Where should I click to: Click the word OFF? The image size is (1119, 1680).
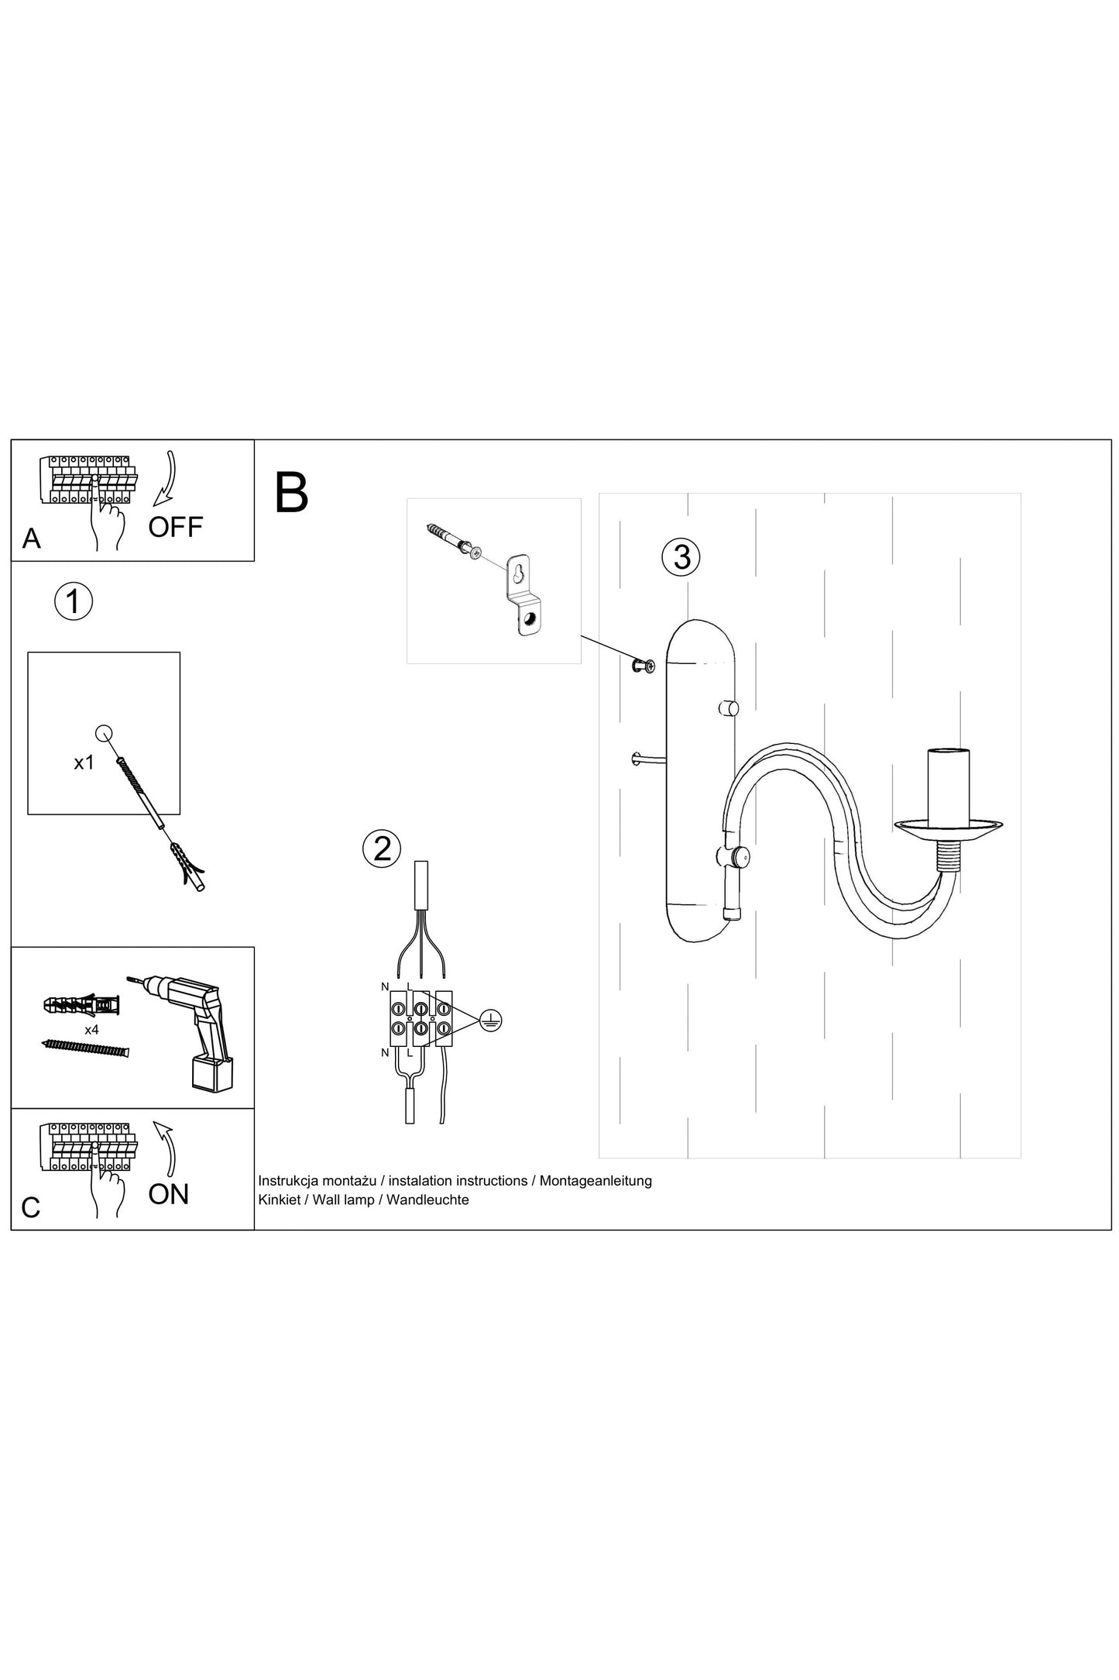click(175, 527)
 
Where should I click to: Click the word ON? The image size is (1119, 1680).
click(168, 1194)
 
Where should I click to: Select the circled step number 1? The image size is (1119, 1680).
click(74, 601)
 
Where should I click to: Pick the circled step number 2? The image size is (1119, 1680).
click(382, 849)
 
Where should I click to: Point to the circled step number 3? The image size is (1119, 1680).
click(681, 556)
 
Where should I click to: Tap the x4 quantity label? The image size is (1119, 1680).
click(91, 1030)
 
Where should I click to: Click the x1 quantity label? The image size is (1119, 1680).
click(84, 763)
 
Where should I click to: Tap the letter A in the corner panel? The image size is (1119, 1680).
click(31, 538)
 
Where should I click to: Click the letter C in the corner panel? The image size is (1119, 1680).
click(30, 1207)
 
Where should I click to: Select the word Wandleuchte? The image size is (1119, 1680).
click(427, 1200)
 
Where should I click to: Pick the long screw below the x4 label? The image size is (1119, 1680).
click(84, 1048)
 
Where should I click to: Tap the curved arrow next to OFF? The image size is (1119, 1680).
click(166, 479)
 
